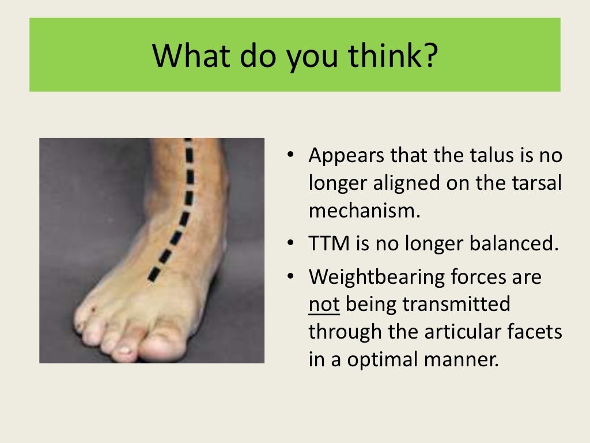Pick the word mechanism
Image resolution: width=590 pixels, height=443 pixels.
(x=362, y=211)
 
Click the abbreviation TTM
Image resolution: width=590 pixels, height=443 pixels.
(x=330, y=243)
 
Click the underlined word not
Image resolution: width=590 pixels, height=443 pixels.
(x=324, y=304)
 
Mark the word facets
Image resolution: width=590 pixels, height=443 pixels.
(x=535, y=332)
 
